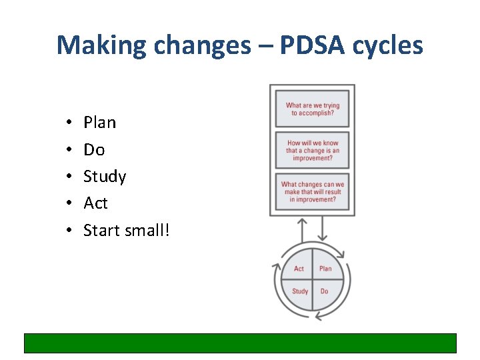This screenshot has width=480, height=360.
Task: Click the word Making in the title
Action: coord(100,45)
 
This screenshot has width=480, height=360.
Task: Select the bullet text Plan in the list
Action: coord(99,123)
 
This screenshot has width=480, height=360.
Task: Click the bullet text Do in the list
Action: coord(94,149)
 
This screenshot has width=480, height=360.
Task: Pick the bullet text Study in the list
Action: coord(105,177)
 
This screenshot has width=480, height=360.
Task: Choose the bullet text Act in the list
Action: coord(95,203)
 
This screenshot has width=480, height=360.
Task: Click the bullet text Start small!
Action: coord(127,231)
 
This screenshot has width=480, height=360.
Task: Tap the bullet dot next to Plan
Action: coord(69,124)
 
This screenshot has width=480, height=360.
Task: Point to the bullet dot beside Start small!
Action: coord(69,231)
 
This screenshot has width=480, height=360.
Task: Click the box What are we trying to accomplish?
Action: coord(312,109)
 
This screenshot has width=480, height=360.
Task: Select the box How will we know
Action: coord(312,151)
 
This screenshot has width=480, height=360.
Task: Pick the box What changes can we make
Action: coord(312,192)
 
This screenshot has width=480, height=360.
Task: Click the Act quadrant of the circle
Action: coord(299,268)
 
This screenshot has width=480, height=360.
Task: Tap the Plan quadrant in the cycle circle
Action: coord(325,268)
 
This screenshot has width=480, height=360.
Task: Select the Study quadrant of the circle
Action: coord(299,291)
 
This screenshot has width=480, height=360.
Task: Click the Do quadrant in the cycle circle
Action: coord(325,291)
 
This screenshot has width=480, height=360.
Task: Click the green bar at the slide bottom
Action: coord(240,343)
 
